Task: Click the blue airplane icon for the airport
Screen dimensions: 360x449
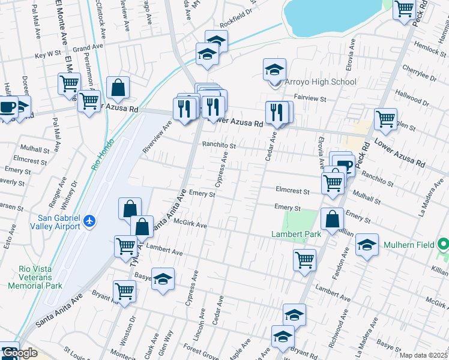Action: [x=89, y=221]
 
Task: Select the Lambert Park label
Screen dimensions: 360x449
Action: [x=295, y=234]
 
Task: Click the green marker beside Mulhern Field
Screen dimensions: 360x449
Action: [x=443, y=245]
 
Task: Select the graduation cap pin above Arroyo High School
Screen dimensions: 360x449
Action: [x=274, y=70]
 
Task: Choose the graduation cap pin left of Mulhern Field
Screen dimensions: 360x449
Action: [x=367, y=245]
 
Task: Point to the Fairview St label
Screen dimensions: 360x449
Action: [x=310, y=97]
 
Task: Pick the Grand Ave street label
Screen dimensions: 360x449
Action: [x=88, y=47]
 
